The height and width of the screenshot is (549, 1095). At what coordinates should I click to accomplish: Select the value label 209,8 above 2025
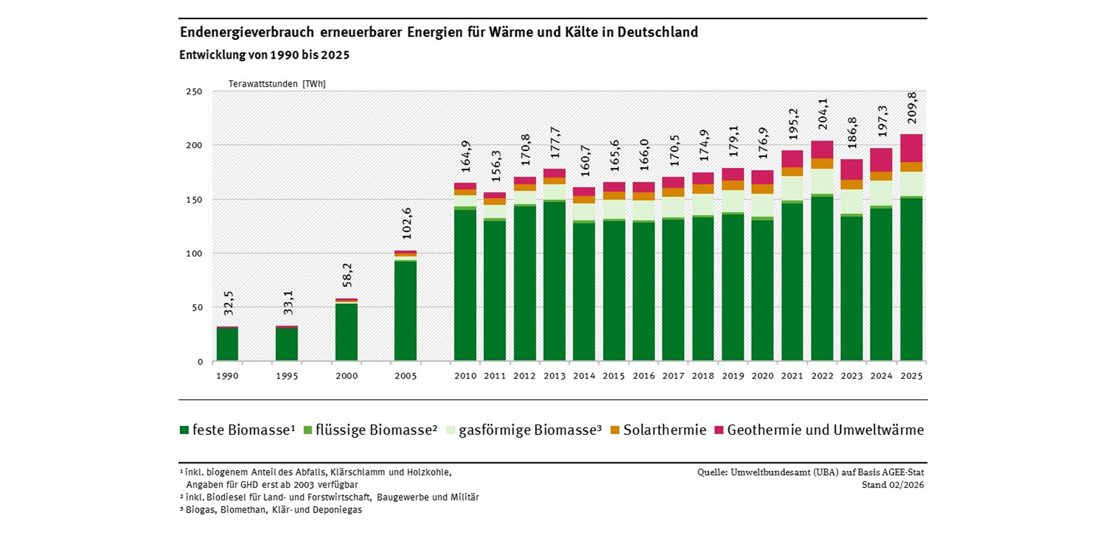pos(912,108)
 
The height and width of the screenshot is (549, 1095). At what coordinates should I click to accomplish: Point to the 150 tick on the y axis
pos(194,199)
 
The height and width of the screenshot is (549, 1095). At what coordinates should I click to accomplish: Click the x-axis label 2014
pos(584,376)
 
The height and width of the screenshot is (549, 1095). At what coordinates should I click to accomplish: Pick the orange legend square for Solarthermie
pos(615,430)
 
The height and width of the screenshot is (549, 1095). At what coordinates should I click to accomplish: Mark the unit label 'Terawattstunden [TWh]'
pos(277,84)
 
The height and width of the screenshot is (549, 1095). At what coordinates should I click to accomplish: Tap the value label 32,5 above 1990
pos(229,303)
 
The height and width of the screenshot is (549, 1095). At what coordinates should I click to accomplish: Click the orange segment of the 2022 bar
pos(822,164)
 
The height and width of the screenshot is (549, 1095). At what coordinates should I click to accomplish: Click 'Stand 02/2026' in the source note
pos(893,485)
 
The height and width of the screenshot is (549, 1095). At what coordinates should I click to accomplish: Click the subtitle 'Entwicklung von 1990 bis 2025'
pos(264,55)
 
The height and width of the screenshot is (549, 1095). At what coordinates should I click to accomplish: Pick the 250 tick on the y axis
pos(194,91)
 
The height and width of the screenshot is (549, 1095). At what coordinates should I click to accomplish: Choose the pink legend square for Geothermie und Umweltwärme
pos(719,430)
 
